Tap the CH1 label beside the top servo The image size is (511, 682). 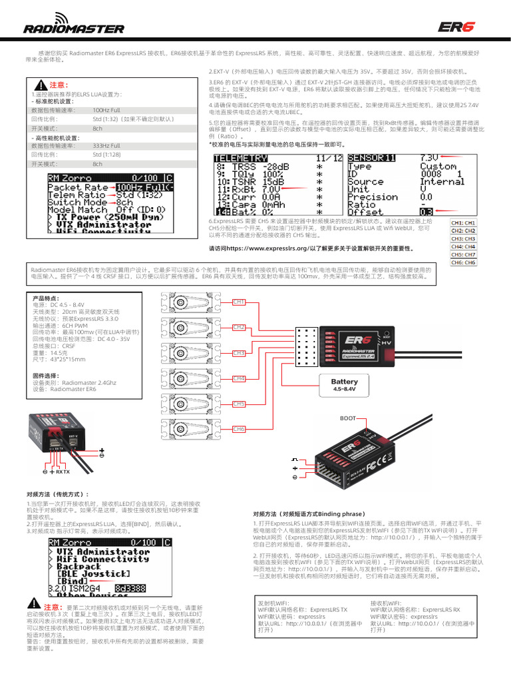click(239, 302)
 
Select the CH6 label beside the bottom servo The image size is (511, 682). click(239, 429)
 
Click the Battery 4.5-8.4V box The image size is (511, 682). click(344, 385)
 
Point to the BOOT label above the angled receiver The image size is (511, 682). click(348, 418)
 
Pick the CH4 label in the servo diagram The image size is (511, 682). click(239, 378)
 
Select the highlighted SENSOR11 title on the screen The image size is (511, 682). click(371, 157)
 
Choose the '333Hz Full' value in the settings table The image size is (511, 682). click(106, 145)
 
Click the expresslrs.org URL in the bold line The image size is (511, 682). click(265, 248)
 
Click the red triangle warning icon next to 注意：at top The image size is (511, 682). click(41, 86)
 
